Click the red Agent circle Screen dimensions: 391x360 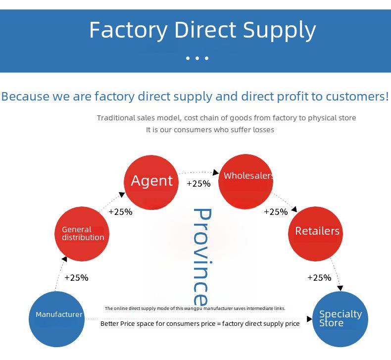click(151, 181)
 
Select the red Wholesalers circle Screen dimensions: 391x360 click(245, 181)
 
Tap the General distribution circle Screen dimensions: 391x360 click(82, 233)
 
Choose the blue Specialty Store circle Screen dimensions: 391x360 click(341, 319)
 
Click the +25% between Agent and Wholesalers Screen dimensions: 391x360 click(198, 184)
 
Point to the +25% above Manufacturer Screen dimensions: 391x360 click(76, 278)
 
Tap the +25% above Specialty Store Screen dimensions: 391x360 click(319, 278)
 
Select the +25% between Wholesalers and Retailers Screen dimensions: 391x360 click(276, 212)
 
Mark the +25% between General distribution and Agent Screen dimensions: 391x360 click(120, 212)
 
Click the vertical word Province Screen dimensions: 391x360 click(201, 257)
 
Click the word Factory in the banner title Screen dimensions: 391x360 click(128, 30)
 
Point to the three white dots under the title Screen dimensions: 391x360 click(197, 58)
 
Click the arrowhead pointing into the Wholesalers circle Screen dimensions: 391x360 click(216, 173)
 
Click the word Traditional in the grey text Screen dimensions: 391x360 click(116, 118)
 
